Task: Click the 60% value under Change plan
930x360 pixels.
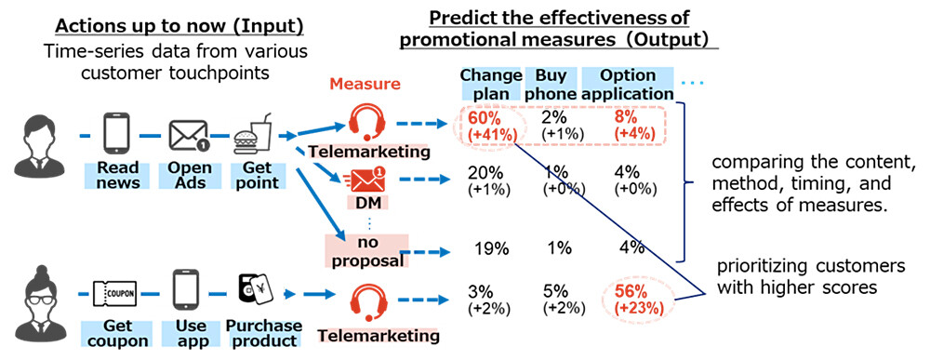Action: pyautogui.click(x=482, y=120)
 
